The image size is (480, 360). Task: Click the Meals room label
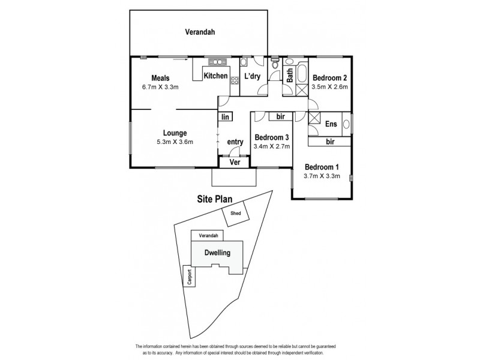(160, 78)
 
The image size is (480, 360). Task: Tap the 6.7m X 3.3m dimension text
(160, 87)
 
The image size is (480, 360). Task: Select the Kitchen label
(215, 76)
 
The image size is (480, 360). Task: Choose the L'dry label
(251, 76)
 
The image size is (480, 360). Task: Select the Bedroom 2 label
(329, 78)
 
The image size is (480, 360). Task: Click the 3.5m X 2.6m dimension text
(329, 87)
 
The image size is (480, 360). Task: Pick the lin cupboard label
(226, 117)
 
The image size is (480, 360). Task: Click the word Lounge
(176, 133)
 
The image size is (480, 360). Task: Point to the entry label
(235, 142)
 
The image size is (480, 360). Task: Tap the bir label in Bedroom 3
(280, 116)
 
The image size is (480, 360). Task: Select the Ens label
(330, 125)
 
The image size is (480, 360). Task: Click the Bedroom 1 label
(322, 167)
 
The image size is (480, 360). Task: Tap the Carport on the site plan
(188, 277)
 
